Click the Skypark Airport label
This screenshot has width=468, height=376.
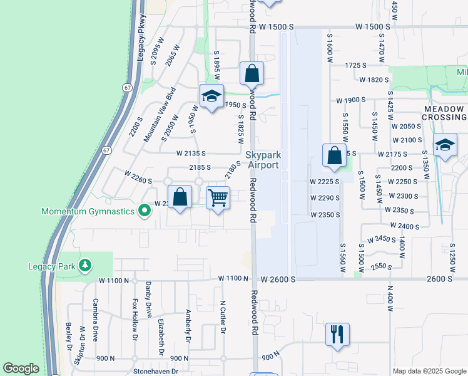click(262, 159)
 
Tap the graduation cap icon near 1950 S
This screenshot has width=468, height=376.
click(211, 96)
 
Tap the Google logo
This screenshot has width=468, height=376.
click(21, 368)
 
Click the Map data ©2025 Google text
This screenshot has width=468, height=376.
click(429, 371)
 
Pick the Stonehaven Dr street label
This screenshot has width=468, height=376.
click(156, 371)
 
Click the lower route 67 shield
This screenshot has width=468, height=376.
click(107, 150)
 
